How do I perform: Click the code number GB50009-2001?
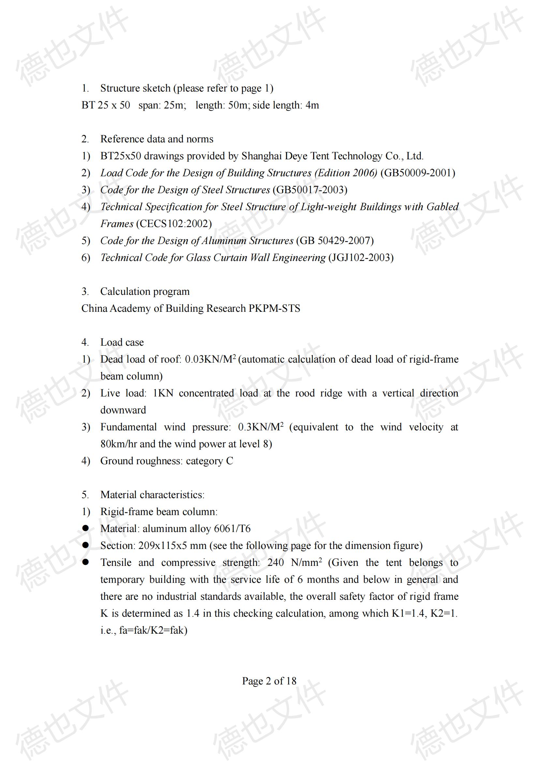click(417, 173)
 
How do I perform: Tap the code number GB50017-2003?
click(310, 190)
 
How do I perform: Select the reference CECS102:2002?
click(174, 224)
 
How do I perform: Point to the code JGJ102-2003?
click(361, 258)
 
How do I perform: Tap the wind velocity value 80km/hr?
click(119, 444)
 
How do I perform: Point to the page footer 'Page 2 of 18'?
click(269, 681)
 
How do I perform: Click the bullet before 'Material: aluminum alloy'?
click(86, 528)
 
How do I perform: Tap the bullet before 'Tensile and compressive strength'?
click(86, 562)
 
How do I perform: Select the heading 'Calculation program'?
click(145, 291)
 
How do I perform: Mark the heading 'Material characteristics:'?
click(152, 495)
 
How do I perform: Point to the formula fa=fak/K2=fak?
click(153, 630)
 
